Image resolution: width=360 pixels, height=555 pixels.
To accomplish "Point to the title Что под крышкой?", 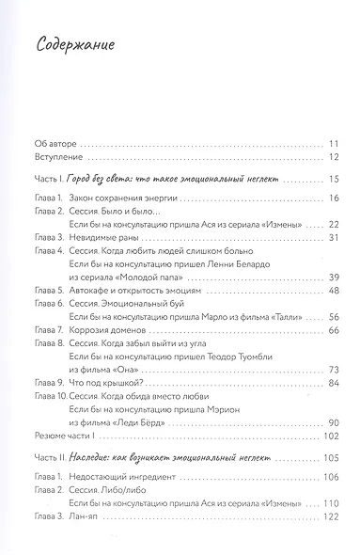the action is [x=104, y=383].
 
